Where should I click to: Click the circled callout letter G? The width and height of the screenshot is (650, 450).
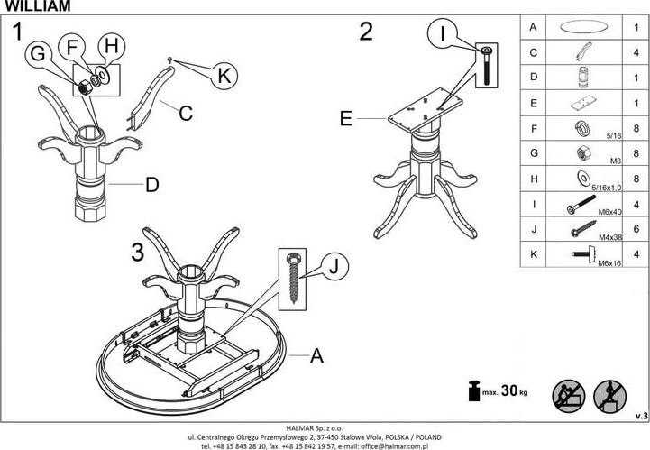point(38,55)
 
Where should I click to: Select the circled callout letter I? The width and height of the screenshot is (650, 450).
point(443,34)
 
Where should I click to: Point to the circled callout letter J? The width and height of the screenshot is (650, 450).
point(333,266)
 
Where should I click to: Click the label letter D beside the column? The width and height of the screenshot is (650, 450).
point(152,186)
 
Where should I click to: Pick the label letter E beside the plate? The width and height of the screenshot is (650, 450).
point(346,117)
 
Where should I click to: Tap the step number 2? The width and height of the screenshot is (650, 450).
point(366,32)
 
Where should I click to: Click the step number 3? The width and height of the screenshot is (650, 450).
point(137,253)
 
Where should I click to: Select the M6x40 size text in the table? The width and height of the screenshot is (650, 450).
point(612,213)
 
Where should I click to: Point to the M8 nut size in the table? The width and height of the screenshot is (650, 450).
point(615,161)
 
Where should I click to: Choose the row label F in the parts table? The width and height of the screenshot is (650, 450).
point(534,129)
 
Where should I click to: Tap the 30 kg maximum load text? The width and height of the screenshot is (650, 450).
point(510,391)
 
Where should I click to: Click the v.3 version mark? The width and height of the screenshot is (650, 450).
point(640,415)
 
